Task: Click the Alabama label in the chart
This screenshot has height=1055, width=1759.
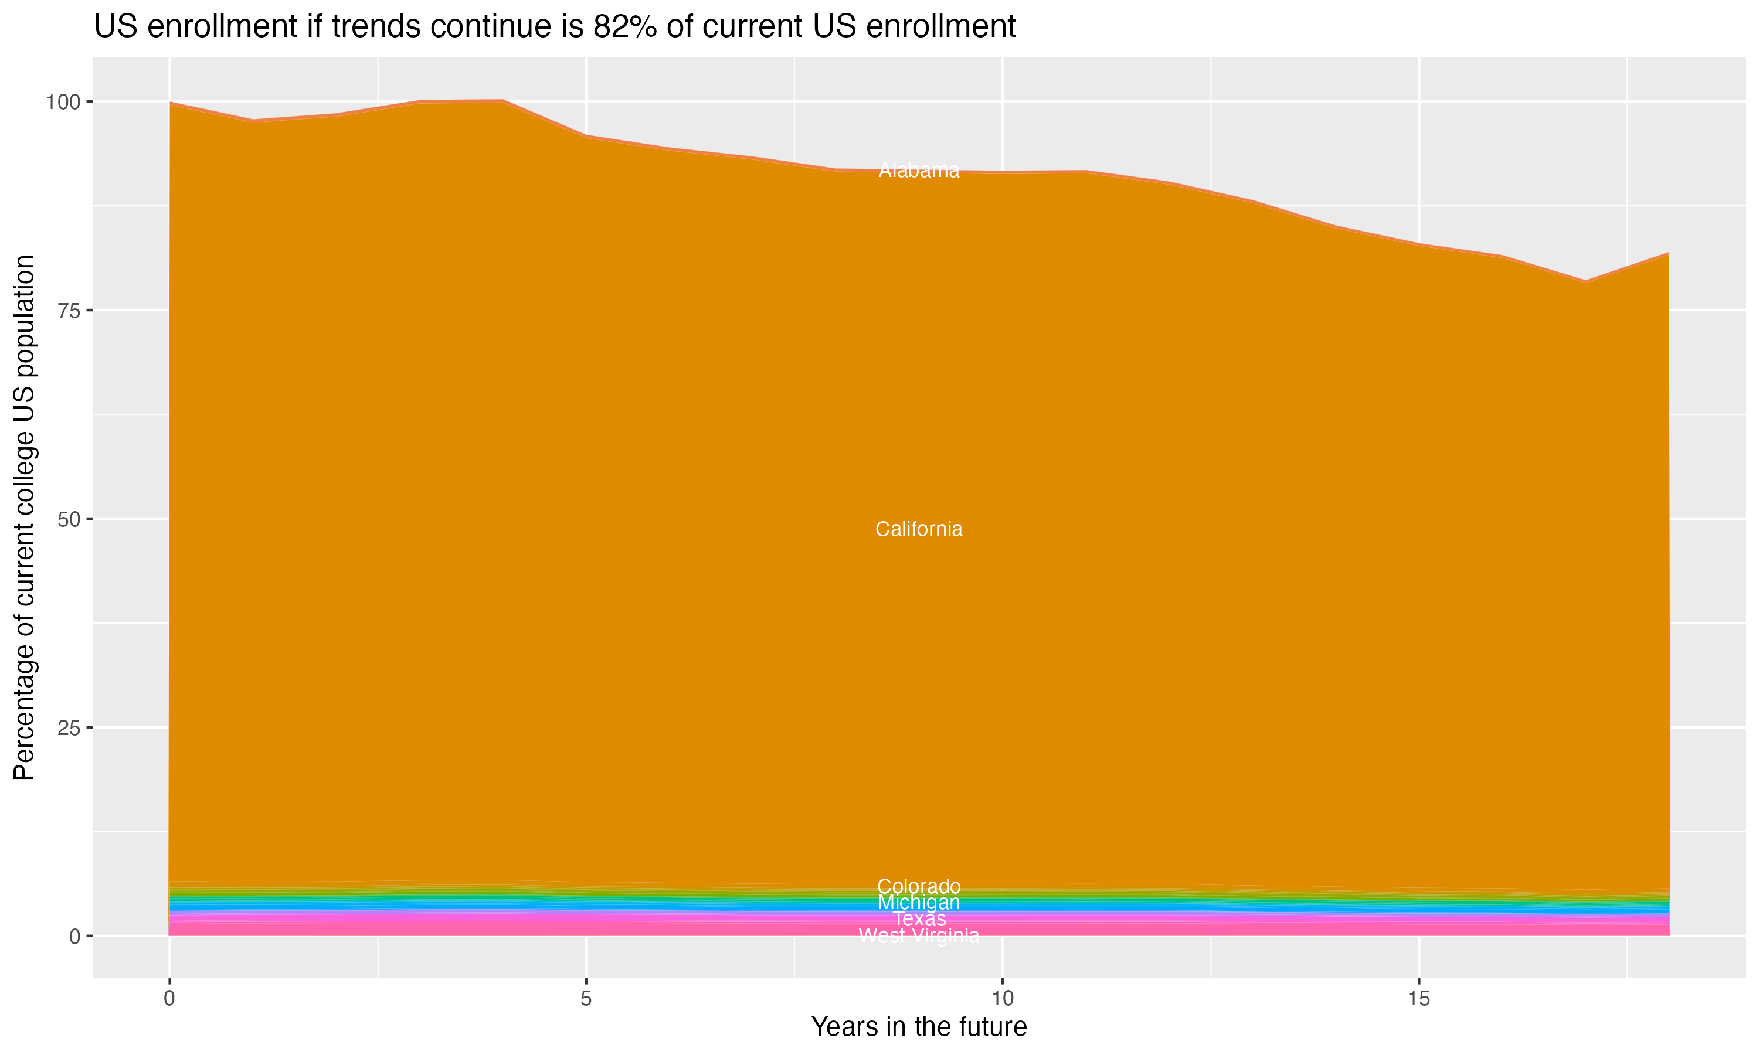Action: [919, 171]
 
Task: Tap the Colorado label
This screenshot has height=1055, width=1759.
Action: [919, 887]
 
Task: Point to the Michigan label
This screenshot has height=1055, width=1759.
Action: [919, 903]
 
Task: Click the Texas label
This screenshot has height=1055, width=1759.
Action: [919, 919]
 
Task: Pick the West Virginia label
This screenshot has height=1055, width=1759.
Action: [919, 936]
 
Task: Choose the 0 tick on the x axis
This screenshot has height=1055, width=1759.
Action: [169, 999]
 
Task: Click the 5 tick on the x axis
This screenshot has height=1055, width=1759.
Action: [586, 999]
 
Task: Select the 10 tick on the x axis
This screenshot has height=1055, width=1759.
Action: [1003, 999]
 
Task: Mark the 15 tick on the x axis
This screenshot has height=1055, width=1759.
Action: [1418, 999]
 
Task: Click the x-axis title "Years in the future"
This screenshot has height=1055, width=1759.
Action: [919, 1027]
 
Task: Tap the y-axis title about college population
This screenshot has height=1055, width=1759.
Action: [24, 518]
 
